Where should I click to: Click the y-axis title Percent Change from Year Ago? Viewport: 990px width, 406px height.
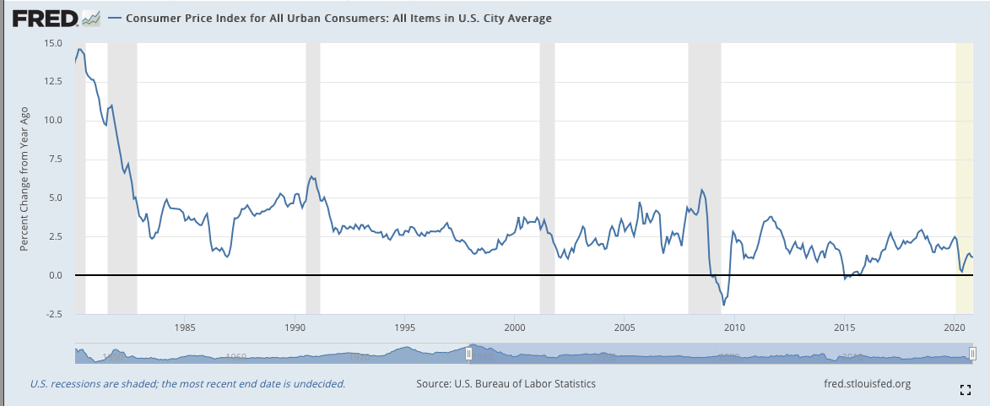pyautogui.click(x=24, y=178)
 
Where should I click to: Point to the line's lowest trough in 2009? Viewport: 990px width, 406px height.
pyautogui.click(x=723, y=304)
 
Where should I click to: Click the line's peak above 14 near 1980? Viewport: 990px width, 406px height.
pyautogui.click(x=79, y=49)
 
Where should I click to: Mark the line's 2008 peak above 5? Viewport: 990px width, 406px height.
pyautogui.click(x=702, y=189)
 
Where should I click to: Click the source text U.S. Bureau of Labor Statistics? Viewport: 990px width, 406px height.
pyautogui.click(x=506, y=384)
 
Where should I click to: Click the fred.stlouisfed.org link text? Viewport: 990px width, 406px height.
pyautogui.click(x=867, y=384)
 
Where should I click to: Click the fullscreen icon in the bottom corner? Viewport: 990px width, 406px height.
pyautogui.click(x=966, y=389)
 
